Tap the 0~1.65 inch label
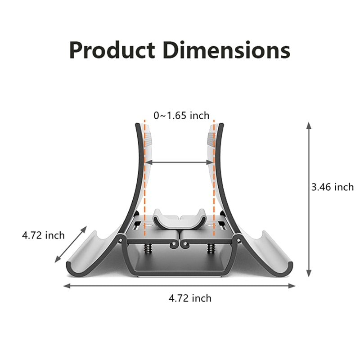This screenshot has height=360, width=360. [181, 116]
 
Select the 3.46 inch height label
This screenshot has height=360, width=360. [333, 187]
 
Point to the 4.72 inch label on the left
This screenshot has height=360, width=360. [43, 235]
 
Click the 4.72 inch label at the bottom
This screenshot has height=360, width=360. [190, 298]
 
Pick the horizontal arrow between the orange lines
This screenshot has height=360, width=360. [179, 162]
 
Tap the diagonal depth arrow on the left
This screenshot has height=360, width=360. [71, 244]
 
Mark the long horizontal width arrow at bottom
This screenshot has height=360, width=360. [179, 286]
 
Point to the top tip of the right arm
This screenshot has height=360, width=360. [221, 125]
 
